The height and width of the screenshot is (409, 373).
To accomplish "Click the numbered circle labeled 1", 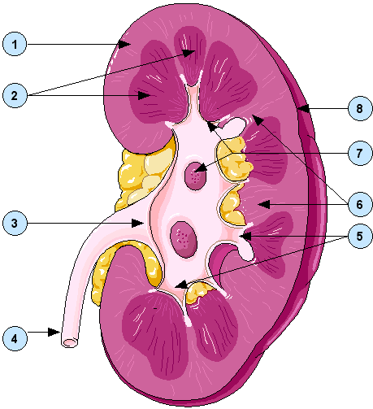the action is click(15, 44).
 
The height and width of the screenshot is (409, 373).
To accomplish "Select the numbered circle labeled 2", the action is click(15, 95).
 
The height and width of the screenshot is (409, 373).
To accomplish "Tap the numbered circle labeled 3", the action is click(15, 223).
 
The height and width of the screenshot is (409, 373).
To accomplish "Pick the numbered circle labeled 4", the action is click(15, 338).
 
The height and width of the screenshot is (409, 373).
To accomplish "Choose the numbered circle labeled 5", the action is click(360, 237).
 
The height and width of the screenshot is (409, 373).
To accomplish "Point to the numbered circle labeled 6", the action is click(360, 204).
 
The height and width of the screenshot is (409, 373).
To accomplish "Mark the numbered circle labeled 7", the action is click(360, 153).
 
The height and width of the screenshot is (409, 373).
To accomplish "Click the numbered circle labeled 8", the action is click(360, 108).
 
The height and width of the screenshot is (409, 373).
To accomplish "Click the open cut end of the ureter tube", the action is click(69, 342).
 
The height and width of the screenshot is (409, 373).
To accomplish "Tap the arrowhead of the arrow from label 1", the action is click(124, 44).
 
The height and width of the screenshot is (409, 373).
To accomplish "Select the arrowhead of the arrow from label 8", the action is click(303, 109).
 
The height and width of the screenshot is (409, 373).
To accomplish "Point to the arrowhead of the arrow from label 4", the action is click(54, 332).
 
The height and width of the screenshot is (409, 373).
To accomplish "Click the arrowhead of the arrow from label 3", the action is click(137, 224).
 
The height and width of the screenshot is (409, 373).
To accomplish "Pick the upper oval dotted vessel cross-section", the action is click(196, 176).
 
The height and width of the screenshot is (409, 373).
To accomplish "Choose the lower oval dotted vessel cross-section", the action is click(184, 239).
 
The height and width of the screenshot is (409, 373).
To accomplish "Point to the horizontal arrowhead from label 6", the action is click(264, 204).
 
